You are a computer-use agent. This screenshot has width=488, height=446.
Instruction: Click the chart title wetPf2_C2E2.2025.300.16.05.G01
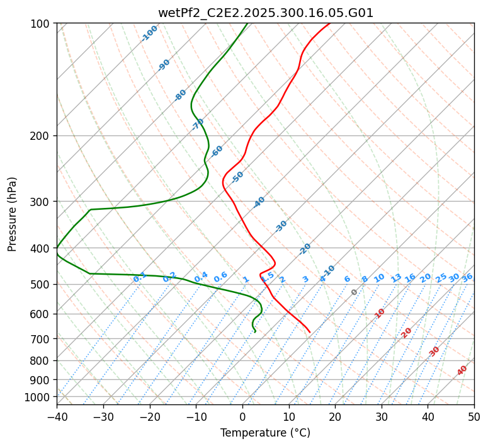coord(265,13)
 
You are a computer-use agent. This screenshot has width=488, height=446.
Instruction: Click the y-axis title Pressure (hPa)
coord(13,214)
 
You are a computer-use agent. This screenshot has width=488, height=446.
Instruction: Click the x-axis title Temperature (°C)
coord(265,433)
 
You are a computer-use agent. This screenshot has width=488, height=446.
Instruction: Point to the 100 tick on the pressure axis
coord(43,24)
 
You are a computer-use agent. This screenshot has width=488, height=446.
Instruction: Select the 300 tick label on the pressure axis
coord(43,202)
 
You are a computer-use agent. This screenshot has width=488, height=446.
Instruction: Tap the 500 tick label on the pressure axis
coord(43,285)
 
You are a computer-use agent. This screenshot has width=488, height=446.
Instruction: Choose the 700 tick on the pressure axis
coord(43,339)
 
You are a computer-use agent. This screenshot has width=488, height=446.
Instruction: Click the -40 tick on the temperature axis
coord(57,417)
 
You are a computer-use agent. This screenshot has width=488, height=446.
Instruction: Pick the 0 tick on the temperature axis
coord(242,417)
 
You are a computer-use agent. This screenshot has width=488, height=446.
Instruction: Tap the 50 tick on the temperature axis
coord(474,417)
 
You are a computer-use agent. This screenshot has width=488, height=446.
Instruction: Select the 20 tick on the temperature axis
coord(335,417)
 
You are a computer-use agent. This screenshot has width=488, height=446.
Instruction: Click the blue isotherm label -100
coord(150,33)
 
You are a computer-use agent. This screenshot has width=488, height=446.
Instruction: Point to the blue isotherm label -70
coord(198,123)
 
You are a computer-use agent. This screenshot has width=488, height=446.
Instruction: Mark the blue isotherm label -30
coord(281,226)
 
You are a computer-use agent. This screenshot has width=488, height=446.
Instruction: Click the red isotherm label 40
coord(462,370)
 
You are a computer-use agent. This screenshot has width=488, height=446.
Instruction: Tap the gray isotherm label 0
coord(355,292)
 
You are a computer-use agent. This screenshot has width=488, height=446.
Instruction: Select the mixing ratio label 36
coord(467,278)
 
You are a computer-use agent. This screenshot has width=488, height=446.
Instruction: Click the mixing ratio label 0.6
coord(220,277)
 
